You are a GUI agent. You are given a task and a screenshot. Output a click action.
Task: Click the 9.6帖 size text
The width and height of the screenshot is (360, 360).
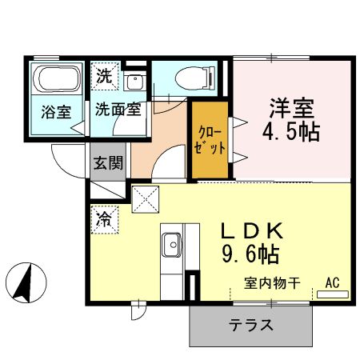pyautogui.click(x=250, y=256)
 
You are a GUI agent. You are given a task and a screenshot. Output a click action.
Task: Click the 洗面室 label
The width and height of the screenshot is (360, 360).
pyautogui.click(x=118, y=110)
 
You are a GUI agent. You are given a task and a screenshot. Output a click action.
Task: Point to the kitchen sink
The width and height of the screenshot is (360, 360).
pyautogui.click(x=172, y=242)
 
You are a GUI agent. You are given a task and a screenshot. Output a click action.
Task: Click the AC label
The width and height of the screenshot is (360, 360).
pyautogui.click(x=332, y=282)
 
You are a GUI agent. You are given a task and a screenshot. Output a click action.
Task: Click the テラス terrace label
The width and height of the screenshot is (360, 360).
pyautogui.click(x=251, y=325)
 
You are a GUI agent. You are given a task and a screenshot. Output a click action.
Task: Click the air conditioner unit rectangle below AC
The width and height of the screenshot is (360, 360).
pyautogui.click(x=333, y=294)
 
